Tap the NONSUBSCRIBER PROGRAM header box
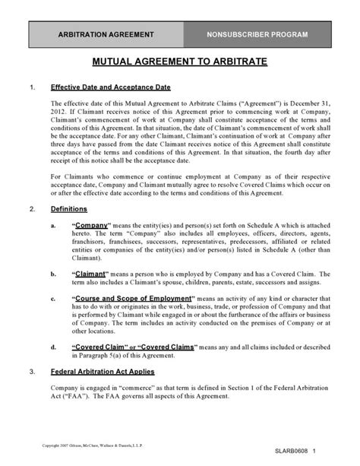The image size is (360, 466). click(x=258, y=35)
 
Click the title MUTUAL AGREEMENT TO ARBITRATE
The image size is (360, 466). click(x=179, y=62)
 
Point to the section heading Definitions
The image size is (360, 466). click(x=68, y=208)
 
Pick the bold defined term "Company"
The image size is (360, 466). click(x=91, y=226)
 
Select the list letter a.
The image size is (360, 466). click(x=52, y=227)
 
